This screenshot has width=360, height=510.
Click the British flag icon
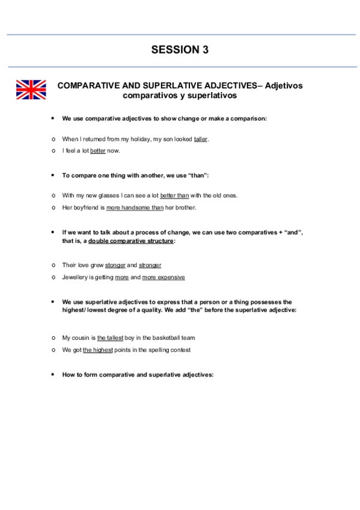31,90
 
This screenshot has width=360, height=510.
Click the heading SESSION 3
180,50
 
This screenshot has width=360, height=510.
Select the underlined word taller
201,139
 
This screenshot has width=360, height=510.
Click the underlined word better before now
98,150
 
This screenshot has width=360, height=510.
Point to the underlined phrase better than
174,195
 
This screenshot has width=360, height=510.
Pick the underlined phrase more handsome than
130,207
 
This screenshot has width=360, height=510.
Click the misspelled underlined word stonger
115,265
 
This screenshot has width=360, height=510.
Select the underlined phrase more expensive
163,277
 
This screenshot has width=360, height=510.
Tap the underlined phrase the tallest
110,338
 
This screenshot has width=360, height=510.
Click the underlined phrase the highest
97,349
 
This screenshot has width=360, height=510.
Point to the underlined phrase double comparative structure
131,241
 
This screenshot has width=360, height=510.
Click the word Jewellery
75,277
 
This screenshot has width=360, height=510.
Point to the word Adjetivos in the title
284,86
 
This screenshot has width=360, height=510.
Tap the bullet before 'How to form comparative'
53,374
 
